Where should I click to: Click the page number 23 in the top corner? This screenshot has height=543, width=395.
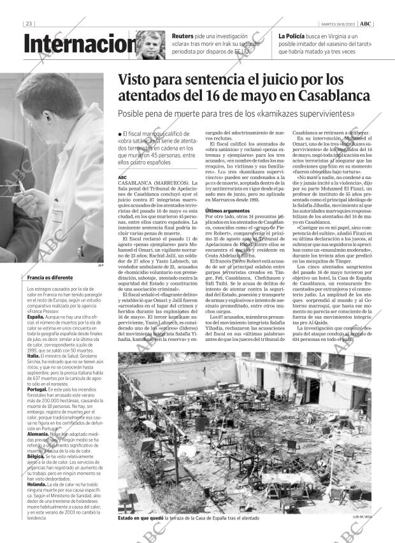28,24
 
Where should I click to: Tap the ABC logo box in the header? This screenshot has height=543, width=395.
366,24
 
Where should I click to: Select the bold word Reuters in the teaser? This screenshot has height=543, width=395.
183,36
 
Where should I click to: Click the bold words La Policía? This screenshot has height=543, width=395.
294,36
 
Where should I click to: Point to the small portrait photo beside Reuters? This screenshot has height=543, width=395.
150,45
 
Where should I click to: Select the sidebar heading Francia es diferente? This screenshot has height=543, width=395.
50,278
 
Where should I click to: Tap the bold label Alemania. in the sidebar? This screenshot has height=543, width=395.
38,433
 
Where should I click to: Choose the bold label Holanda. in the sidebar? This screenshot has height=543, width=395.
37,484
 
